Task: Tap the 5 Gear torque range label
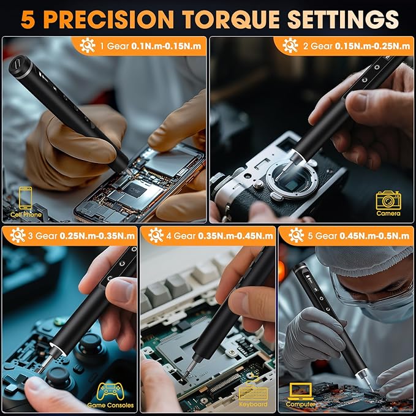(x=355, y=235)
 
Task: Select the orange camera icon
(x=388, y=200)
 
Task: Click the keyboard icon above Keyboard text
(x=253, y=393)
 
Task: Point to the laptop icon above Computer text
(x=301, y=391)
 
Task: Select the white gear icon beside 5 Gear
(x=296, y=235)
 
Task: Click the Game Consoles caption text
(x=110, y=405)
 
